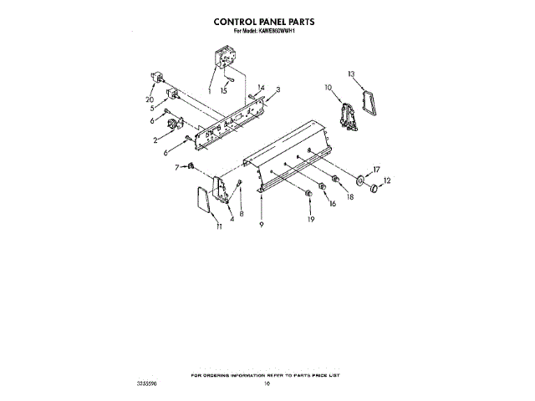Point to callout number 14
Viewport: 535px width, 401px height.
261,87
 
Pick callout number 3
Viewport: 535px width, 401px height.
278,89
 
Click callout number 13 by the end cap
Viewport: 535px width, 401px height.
353,74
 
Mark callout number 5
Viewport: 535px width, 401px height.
151,107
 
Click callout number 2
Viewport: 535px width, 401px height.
155,140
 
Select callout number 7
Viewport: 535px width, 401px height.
177,167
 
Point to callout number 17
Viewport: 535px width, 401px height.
377,168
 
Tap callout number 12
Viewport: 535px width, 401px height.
386,180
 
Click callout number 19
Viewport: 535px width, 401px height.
311,220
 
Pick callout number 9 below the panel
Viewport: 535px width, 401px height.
262,226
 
